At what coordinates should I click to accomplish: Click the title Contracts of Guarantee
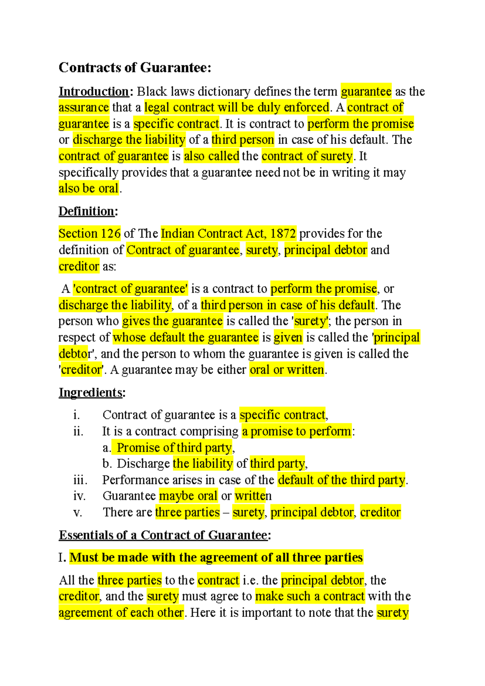[135, 68]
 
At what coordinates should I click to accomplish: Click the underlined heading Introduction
[94, 92]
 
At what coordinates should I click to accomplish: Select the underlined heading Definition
[87, 211]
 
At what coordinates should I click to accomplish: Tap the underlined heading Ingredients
[91, 392]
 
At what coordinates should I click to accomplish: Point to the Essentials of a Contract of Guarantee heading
[163, 535]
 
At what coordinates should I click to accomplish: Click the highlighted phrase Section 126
[89, 233]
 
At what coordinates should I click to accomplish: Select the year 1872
[283, 233]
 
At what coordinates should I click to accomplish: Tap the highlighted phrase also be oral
[89, 188]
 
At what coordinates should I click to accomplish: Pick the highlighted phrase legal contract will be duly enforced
[237, 108]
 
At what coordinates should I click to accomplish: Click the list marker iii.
[80, 480]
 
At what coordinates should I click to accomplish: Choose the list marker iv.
[79, 496]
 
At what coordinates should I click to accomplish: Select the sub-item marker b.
[107, 464]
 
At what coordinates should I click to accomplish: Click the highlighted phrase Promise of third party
[174, 448]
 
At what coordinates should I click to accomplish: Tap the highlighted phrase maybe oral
[188, 496]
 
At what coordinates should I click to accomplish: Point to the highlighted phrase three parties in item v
[187, 512]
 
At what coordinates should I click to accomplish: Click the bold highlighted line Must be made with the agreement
[216, 557]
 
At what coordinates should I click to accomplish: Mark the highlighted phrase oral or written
[287, 370]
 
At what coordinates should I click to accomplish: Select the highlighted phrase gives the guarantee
[172, 321]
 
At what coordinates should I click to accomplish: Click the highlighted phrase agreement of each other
[121, 612]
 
